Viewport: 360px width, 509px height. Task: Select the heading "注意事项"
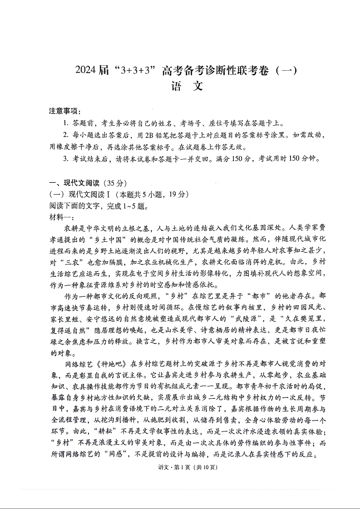pyautogui.click(x=63, y=112)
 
